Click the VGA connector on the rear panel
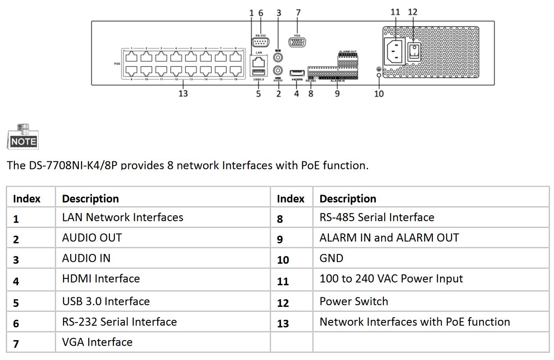(x=297, y=43)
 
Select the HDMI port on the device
(x=296, y=73)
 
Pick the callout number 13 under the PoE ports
(x=183, y=94)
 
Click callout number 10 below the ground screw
(x=379, y=94)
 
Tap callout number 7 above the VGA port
(x=298, y=13)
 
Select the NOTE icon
(x=22, y=137)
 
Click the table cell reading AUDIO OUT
(x=92, y=237)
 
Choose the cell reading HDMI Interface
(x=101, y=279)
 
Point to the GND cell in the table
(x=331, y=258)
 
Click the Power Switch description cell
(x=354, y=301)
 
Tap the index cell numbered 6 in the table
(x=16, y=323)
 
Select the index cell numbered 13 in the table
(x=283, y=323)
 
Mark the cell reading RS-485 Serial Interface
(x=377, y=218)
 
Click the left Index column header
(x=27, y=199)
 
